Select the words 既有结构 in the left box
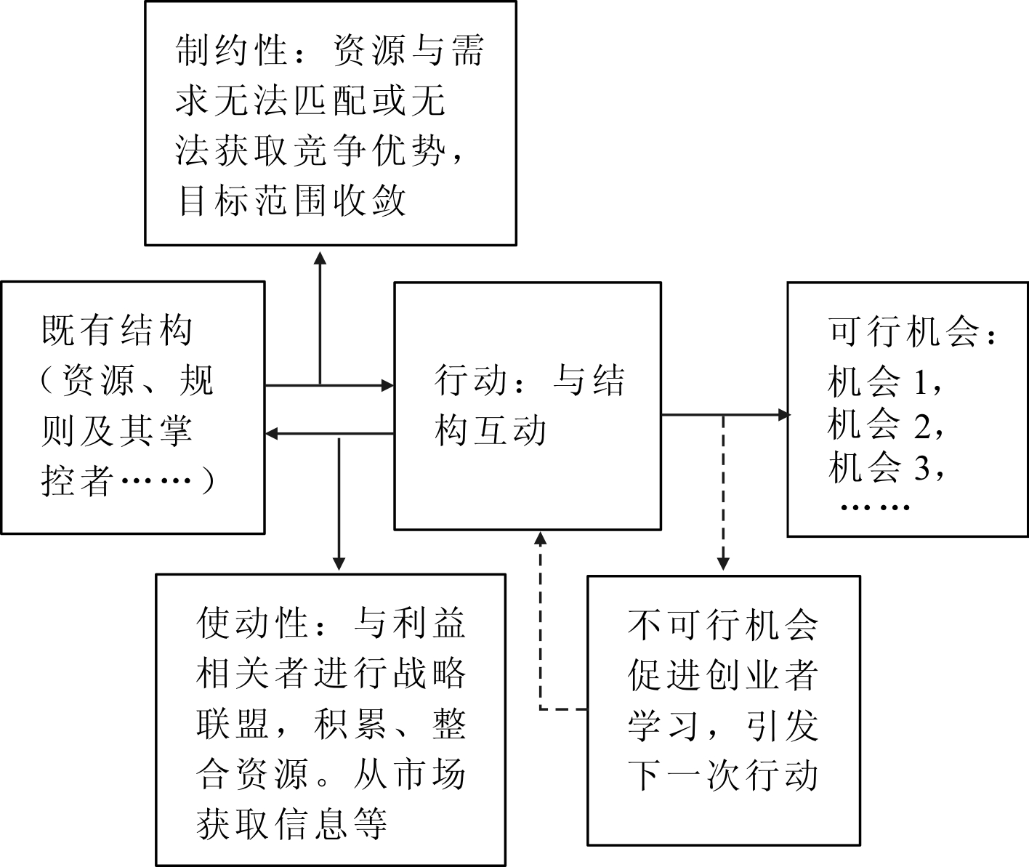click(x=117, y=331)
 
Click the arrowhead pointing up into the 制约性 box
click(x=320, y=256)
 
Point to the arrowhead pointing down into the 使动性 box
click(x=339, y=564)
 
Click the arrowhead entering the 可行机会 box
click(x=783, y=415)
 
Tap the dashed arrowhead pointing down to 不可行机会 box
click(x=723, y=564)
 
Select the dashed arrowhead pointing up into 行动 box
click(x=540, y=539)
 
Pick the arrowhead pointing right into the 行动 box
click(x=387, y=384)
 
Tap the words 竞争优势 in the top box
click(x=368, y=150)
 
